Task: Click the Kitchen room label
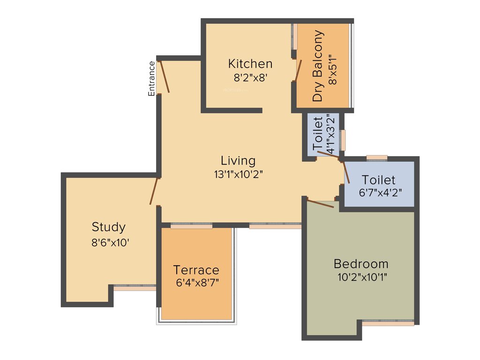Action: pyautogui.click(x=250, y=63)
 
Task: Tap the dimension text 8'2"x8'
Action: pyautogui.click(x=250, y=77)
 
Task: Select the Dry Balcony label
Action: pyautogui.click(x=318, y=66)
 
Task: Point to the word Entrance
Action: pyautogui.click(x=151, y=79)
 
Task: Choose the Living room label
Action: pyautogui.click(x=238, y=161)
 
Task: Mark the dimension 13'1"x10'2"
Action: pyautogui.click(x=238, y=174)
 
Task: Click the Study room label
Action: pyautogui.click(x=108, y=227)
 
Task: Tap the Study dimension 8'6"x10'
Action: pyautogui.click(x=108, y=243)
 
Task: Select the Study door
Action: pyautogui.click(x=154, y=191)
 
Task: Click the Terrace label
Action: pyautogui.click(x=196, y=270)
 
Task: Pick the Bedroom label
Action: pyautogui.click(x=361, y=263)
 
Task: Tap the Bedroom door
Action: pyautogui.click(x=320, y=203)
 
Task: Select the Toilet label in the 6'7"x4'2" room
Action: pyautogui.click(x=379, y=180)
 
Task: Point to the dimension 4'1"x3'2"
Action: pyautogui.click(x=331, y=134)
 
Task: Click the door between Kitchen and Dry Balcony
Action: pyautogui.click(x=298, y=70)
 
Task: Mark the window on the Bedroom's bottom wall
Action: pyautogui.click(x=388, y=323)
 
